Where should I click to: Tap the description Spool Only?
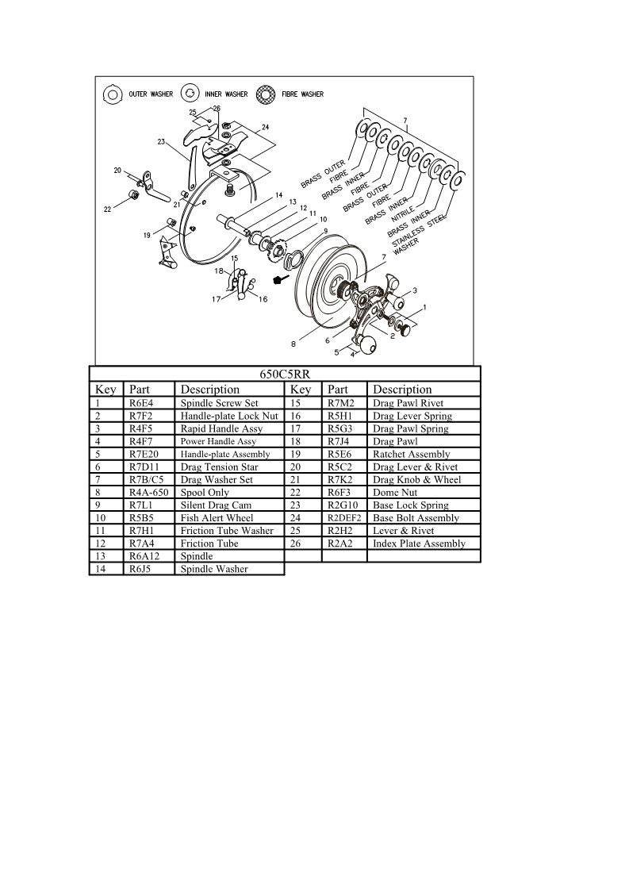point(205,492)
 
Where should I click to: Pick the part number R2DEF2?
point(344,517)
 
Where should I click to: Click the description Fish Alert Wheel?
point(217,517)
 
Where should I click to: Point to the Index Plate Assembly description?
point(419,543)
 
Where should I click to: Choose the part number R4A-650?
point(148,492)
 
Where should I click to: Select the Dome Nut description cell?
point(393,492)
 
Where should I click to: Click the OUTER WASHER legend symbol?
point(113,94)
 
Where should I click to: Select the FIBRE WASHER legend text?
point(303,94)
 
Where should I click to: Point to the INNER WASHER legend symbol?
point(190,94)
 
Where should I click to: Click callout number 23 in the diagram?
point(161,142)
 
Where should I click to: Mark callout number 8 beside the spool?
point(293,344)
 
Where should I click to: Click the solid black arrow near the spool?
point(278,279)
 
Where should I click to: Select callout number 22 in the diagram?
point(108,209)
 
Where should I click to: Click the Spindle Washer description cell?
point(214,569)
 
